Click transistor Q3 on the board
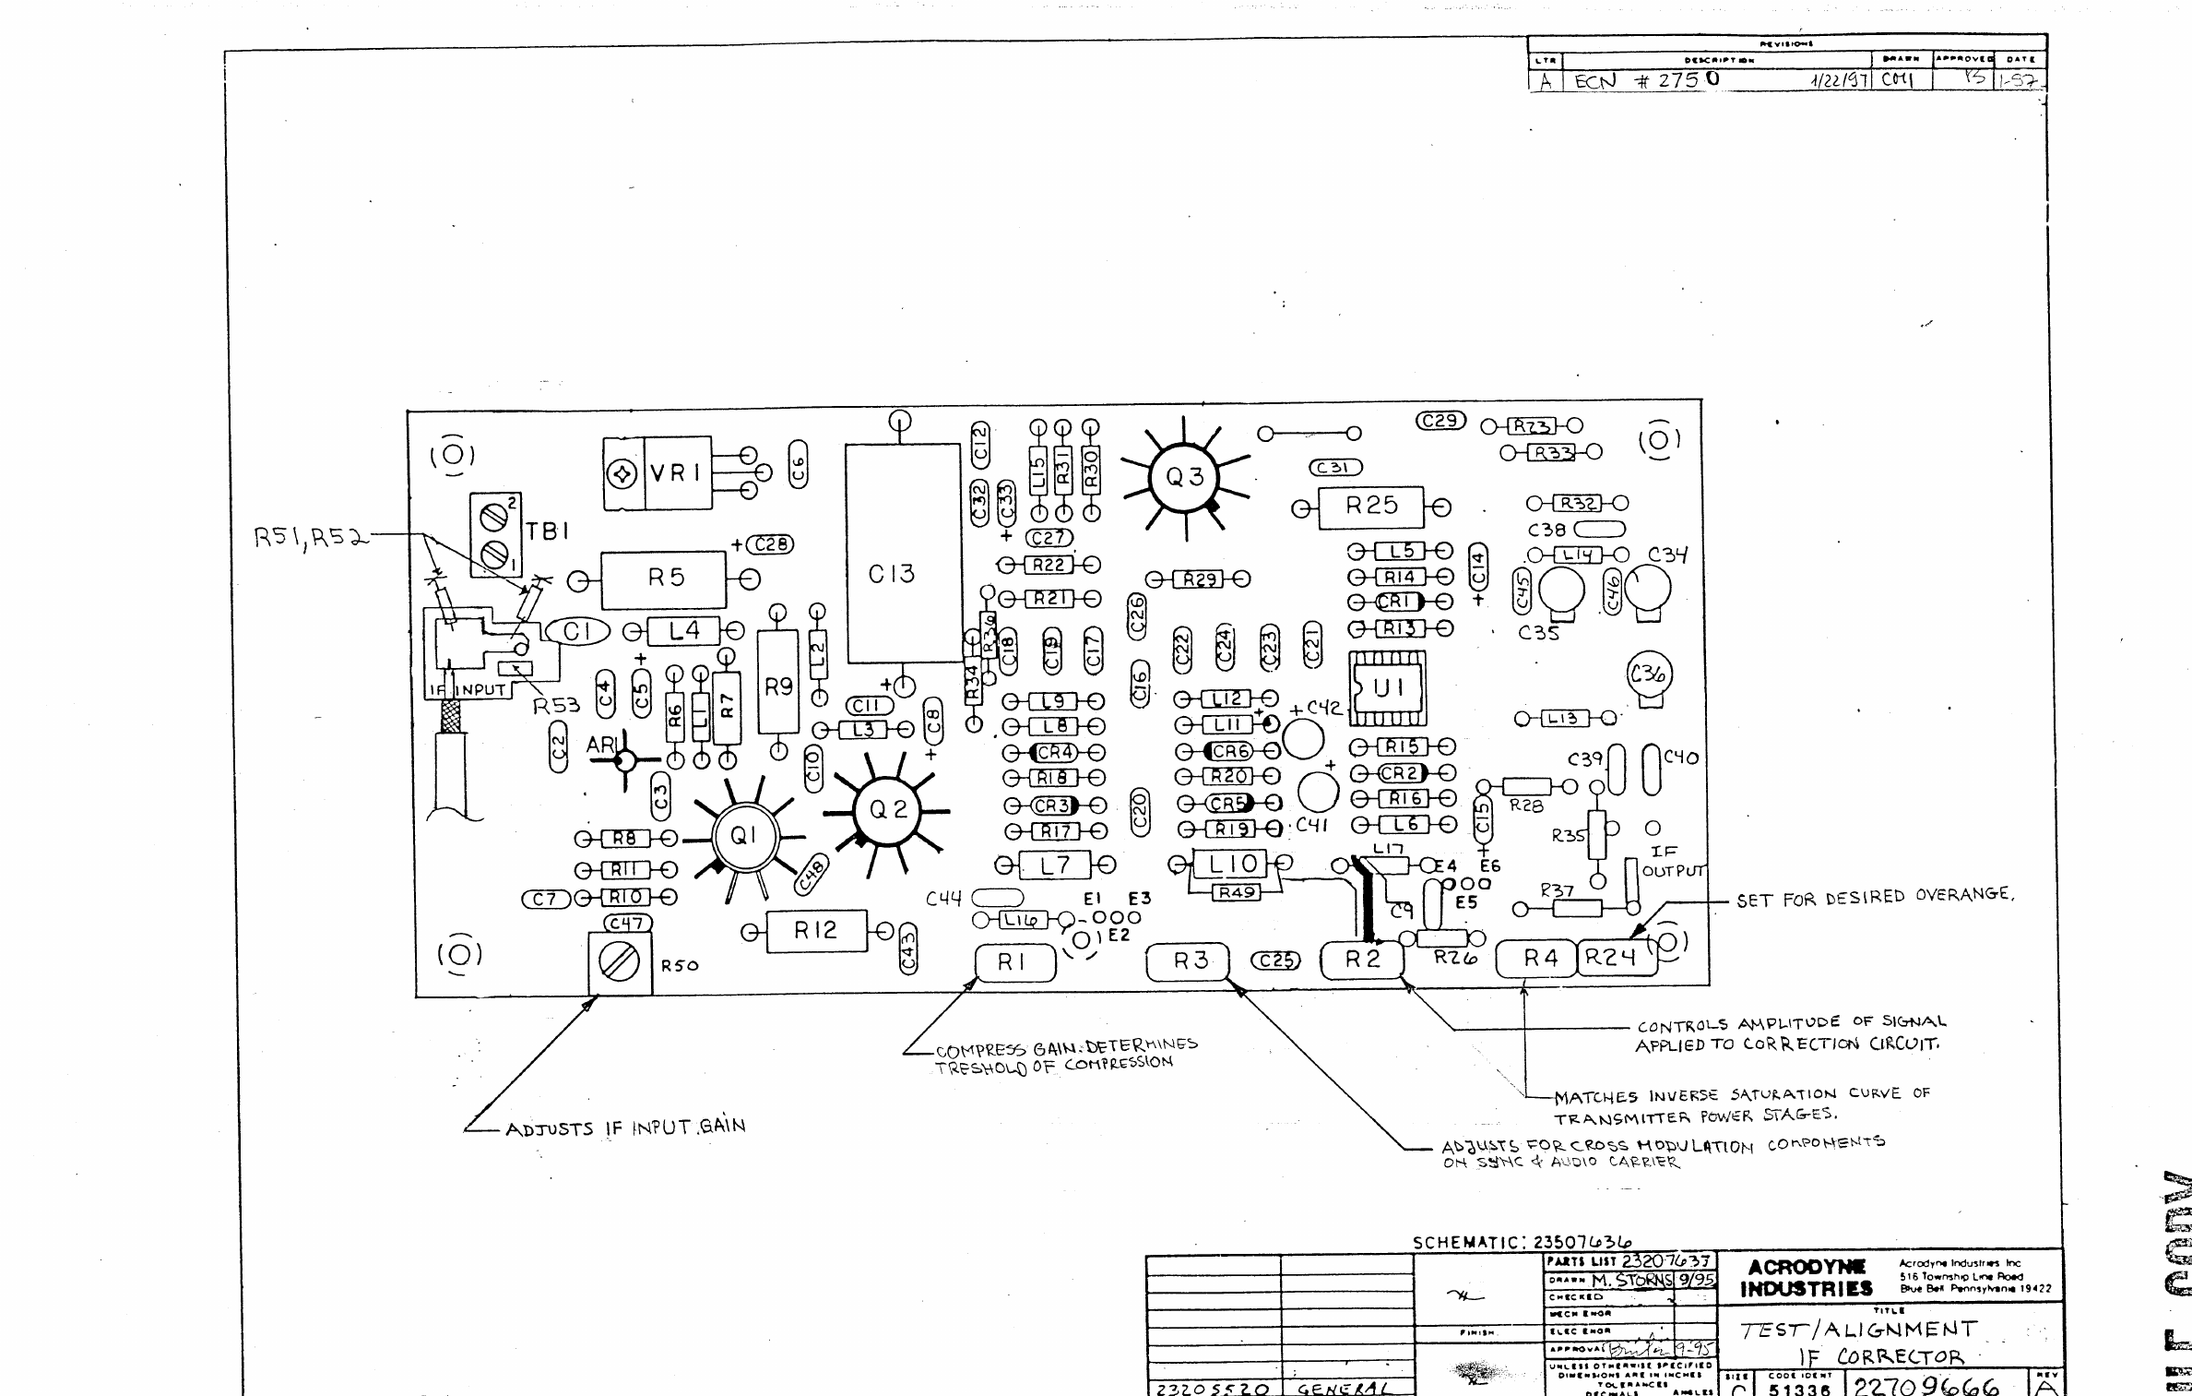pos(1184,477)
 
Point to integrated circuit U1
pos(1387,688)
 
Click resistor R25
pos(1370,507)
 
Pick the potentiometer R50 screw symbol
pos(619,963)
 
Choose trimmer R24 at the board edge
pos(1610,958)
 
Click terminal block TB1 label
pos(548,531)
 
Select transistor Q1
pos(742,836)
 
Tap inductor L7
pos(1055,865)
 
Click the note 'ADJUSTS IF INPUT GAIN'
pos(625,1128)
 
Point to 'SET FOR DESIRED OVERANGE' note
pos(1875,896)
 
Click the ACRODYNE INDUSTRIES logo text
pos(1805,1278)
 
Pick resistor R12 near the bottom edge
pos(815,931)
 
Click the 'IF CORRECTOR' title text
pos(1881,1356)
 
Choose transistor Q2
pos(887,810)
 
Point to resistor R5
pos(665,579)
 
